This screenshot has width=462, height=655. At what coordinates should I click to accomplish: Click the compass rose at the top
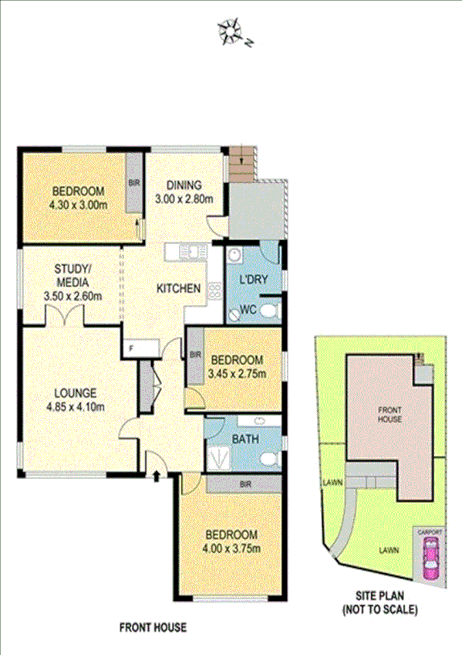point(234,31)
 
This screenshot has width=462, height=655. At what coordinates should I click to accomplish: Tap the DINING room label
point(184,185)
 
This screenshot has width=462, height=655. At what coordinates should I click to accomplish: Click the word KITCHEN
point(179,289)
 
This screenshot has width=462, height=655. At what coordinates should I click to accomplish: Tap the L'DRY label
point(252,280)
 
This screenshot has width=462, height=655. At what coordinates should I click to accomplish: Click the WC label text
point(248,310)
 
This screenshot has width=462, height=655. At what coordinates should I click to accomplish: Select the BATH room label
point(245,439)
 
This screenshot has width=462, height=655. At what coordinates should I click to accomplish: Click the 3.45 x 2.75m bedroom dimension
point(238,375)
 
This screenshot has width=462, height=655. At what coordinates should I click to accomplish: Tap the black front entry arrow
point(157,476)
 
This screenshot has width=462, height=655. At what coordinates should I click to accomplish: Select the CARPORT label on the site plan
point(430,532)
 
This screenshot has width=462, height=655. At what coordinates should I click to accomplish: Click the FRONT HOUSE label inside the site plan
point(389,414)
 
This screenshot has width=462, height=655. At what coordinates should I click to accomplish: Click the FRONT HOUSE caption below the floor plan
point(153,629)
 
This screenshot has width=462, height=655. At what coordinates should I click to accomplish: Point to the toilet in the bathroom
point(267,460)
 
